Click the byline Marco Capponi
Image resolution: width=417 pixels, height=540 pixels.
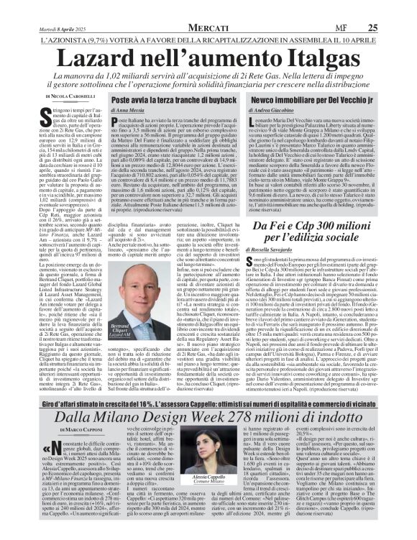tap(45, 429)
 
